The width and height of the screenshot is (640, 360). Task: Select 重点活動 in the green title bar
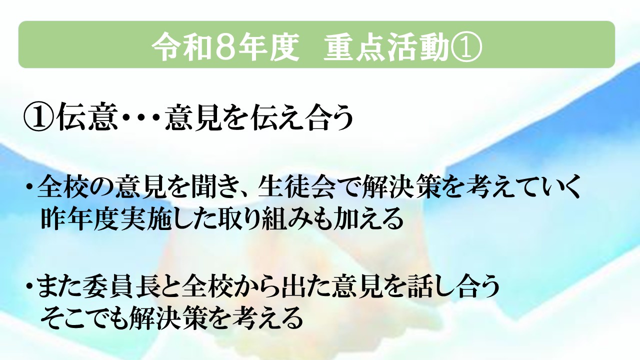(385, 46)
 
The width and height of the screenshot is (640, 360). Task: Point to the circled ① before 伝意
(38, 117)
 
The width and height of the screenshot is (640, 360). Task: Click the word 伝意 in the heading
(86, 117)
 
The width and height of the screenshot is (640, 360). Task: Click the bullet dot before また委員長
(29, 287)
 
